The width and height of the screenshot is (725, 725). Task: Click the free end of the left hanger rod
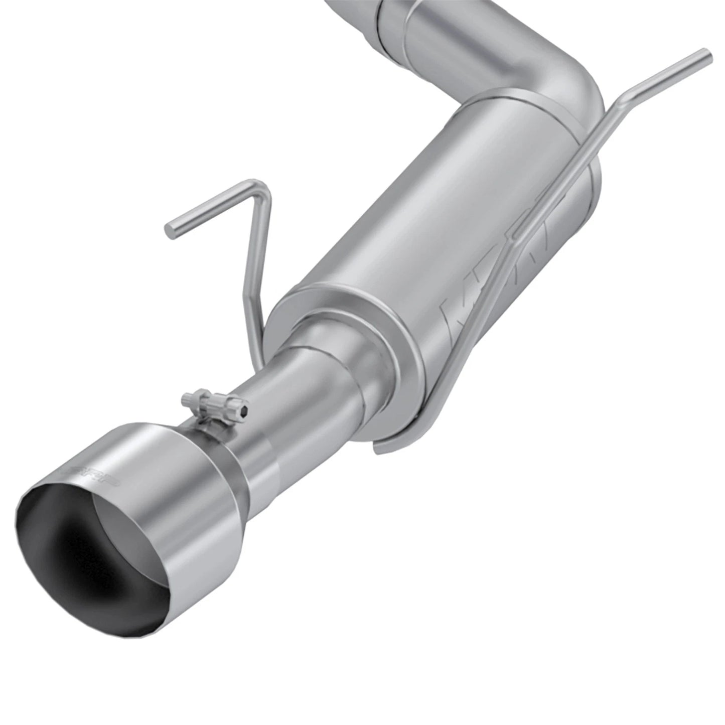[x=171, y=232]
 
